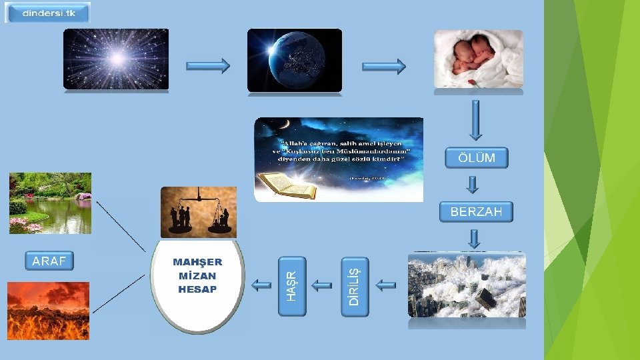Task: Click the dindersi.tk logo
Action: [x=47, y=13]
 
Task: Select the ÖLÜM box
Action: [x=476, y=158]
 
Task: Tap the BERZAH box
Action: [x=476, y=212]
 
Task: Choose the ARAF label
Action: [x=49, y=261]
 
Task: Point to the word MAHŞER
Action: [x=197, y=262]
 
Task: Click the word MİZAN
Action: [x=197, y=275]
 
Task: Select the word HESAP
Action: [x=197, y=289]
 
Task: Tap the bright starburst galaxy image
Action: [x=116, y=59]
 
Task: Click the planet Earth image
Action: [x=294, y=60]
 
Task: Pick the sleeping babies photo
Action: [x=478, y=59]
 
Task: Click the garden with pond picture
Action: [x=50, y=203]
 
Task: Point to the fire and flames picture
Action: [x=48, y=311]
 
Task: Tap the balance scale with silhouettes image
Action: [x=199, y=212]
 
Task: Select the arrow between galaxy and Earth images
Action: [x=207, y=65]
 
